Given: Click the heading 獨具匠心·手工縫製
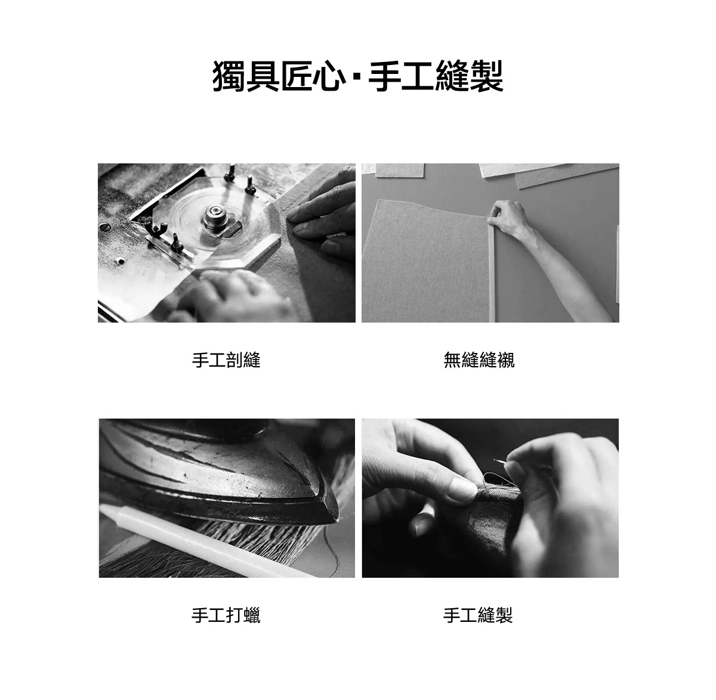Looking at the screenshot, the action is (357, 76).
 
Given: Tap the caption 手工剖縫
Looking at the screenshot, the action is (226, 360).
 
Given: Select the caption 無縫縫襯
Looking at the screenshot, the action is (479, 360).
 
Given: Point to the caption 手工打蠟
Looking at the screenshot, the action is (226, 615).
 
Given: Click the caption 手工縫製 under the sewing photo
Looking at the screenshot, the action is (477, 615).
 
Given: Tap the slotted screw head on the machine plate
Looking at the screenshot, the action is (105, 227).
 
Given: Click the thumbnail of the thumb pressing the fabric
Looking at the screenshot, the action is (463, 489).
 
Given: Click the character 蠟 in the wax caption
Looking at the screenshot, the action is (252, 615).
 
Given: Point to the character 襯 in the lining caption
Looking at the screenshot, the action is (506, 360).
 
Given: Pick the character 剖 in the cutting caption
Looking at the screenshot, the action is (234, 360).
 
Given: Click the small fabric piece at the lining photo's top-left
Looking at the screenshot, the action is (400, 170).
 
